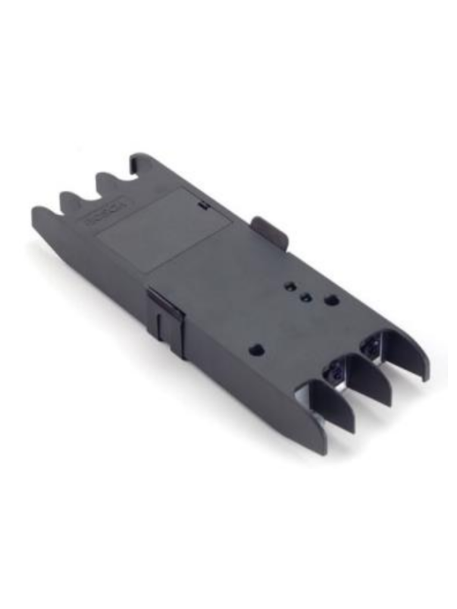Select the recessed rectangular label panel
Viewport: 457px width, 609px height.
tap(164, 228)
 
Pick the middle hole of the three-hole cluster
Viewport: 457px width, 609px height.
tap(306, 297)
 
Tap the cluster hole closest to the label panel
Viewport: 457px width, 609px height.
tap(290, 287)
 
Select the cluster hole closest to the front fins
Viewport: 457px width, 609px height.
tap(332, 301)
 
